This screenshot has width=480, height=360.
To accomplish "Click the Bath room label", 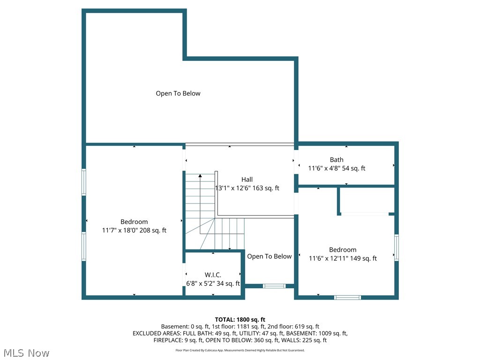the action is coord(337,159).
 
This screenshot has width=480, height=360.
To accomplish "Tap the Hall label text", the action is coord(247,180).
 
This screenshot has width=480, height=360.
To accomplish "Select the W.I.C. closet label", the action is coord(213,275).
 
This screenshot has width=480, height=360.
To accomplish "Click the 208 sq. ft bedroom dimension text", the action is coord(134,230).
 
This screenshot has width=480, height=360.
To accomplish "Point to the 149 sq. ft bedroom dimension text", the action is coord(343,258).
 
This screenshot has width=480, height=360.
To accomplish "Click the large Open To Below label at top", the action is coord(178,93).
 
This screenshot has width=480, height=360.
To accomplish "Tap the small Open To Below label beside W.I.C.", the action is coord(270,256).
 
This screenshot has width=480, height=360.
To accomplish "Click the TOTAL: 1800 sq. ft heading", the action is coord(240,320).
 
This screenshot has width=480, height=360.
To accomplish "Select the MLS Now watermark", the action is coord(26,353).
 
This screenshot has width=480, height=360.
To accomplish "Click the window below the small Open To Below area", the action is coord(274,286).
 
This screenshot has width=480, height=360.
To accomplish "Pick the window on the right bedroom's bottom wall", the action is coord(347,297).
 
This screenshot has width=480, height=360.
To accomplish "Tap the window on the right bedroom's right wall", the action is coord(397,247).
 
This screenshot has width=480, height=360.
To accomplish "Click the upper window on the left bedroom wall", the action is coord(83,182).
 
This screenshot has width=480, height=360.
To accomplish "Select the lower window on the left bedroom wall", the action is coord(83,247).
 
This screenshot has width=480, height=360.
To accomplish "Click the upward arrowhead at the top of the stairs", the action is coord(200,176).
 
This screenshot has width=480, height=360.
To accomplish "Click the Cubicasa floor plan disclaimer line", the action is coord(240,350).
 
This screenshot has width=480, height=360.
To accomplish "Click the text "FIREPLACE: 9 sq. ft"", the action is coord(178,340).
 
